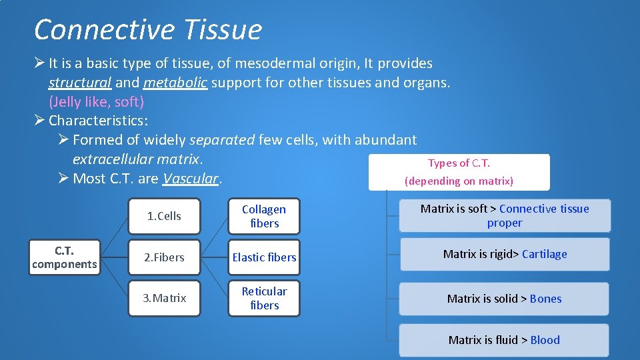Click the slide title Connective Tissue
pos(147,30)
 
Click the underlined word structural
pos(79,83)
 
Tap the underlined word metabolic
pos(175,83)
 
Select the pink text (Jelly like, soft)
pos(96,102)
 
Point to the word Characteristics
pos(97,121)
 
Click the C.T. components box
pos(64,257)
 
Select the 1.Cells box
pos(164,216)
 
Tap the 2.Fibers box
pos(164,257)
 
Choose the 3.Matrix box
pos(164,298)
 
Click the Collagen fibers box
pos(264,216)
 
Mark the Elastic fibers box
pos(264,257)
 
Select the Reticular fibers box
pos(264,298)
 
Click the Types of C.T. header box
pos(459,172)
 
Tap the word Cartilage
pos(545,254)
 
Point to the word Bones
pos(545,299)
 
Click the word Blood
pos(545,340)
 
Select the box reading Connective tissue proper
pos(505,216)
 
